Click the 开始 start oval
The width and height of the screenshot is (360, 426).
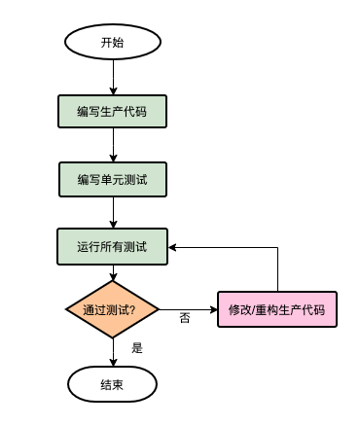pos(113,43)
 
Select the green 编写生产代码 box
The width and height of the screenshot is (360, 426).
pos(113,112)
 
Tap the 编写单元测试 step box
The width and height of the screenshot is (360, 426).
pos(113,180)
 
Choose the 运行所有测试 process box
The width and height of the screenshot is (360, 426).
pos(113,247)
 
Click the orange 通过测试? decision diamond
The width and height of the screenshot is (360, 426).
pos(113,310)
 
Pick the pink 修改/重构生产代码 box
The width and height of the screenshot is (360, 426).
pos(276,310)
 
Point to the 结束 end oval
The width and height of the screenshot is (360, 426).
pos(113,384)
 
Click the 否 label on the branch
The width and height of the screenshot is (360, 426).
pos(185,318)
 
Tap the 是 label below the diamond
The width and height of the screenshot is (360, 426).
pos(136,347)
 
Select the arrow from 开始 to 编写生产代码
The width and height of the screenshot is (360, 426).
pos(113,77)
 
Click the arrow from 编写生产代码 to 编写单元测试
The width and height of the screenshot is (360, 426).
pos(113,145)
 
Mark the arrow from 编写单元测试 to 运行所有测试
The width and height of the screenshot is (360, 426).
pos(113,213)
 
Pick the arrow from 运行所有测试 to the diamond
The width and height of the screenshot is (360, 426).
pos(113,273)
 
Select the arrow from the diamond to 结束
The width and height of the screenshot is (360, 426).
pos(113,352)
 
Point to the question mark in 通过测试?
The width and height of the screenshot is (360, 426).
pos(131,310)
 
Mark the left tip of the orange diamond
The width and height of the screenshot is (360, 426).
pos(67,310)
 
